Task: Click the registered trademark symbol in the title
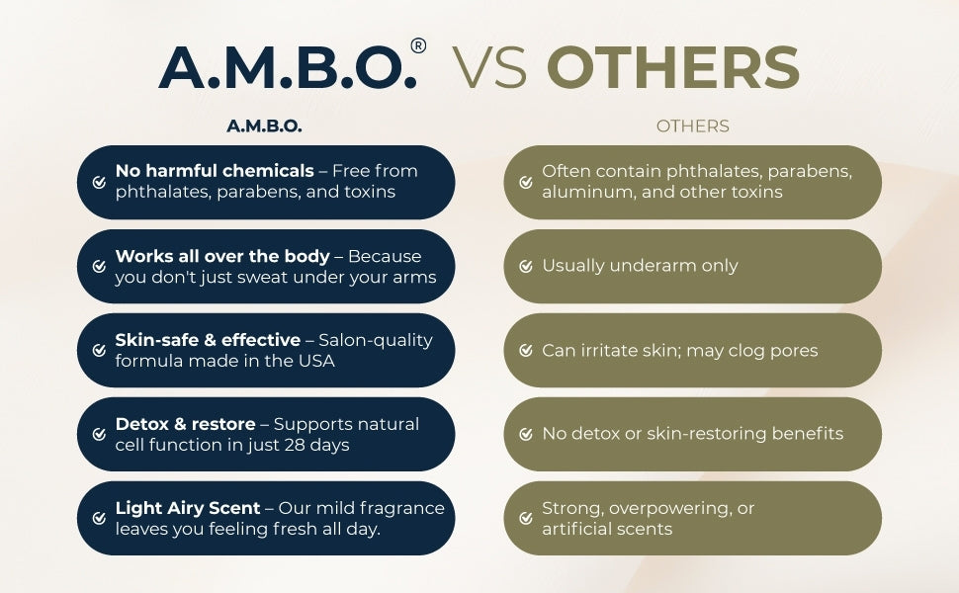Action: (418, 45)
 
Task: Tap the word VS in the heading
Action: (489, 67)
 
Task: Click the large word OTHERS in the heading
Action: (672, 67)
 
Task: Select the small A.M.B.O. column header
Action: (264, 126)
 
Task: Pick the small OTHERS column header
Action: (692, 126)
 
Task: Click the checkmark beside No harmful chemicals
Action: (99, 182)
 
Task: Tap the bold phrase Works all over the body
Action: (222, 256)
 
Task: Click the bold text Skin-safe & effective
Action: (208, 340)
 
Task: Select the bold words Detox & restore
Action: (185, 424)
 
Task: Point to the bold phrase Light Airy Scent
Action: (188, 508)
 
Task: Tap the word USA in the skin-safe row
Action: (316, 362)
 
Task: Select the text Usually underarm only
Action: (640, 266)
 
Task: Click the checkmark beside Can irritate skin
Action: (526, 350)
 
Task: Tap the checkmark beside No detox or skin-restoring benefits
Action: (526, 434)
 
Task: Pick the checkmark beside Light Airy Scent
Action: (99, 519)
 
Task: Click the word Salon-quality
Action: (376, 341)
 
